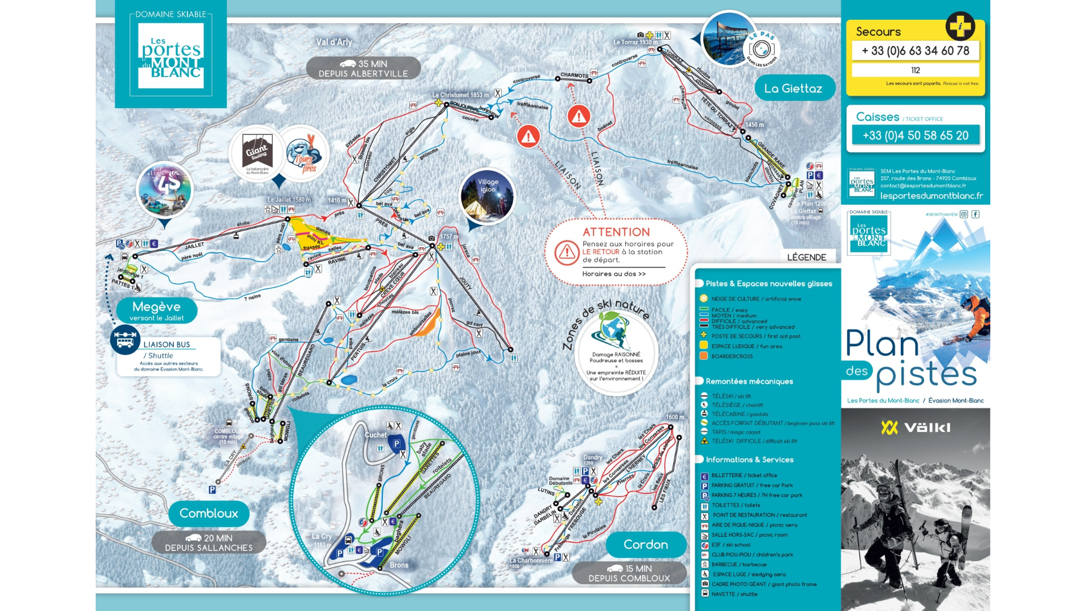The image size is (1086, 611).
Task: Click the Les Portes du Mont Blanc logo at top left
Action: click(170, 56)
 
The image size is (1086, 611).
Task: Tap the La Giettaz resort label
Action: click(793, 88)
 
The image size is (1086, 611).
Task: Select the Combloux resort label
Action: click(208, 514)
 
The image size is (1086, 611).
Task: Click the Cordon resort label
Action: click(645, 545)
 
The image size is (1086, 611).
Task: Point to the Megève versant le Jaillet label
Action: click(156, 311)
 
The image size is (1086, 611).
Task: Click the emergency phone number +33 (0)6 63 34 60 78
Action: click(915, 51)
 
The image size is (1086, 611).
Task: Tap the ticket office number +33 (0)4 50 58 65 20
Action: click(915, 135)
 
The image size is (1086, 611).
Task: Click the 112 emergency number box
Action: click(915, 70)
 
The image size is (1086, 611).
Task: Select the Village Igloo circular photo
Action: click(487, 196)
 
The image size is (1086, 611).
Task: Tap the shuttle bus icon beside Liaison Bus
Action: click(125, 340)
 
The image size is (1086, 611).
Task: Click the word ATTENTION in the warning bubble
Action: click(616, 232)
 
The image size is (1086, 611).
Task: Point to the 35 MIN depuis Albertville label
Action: click(363, 69)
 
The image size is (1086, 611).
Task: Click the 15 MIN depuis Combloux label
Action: click(628, 573)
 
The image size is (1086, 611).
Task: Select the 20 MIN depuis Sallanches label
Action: click(208, 542)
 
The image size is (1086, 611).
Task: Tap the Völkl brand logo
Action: click(915, 427)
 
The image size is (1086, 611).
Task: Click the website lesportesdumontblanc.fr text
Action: click(931, 196)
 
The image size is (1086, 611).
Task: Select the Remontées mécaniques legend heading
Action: click(749, 381)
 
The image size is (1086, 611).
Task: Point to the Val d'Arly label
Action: click(334, 42)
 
